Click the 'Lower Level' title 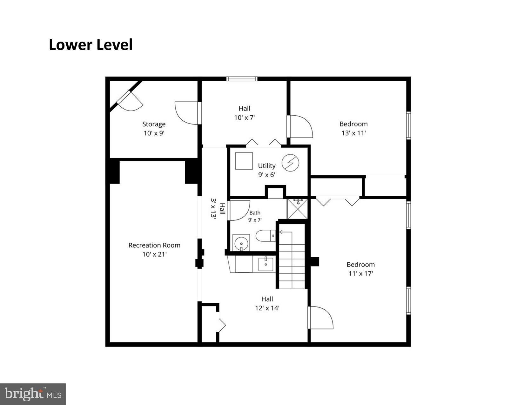tap(91, 45)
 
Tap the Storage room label tap(154, 124)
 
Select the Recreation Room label tap(154, 245)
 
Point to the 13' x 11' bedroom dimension tap(353, 133)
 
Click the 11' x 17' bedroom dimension tap(361, 273)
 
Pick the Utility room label tap(267, 166)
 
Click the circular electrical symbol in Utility tap(291, 163)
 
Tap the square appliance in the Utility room tap(244, 161)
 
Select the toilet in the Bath tap(265, 236)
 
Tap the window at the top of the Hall tap(242, 79)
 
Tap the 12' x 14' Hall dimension tap(267, 308)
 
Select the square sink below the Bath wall tap(266, 265)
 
